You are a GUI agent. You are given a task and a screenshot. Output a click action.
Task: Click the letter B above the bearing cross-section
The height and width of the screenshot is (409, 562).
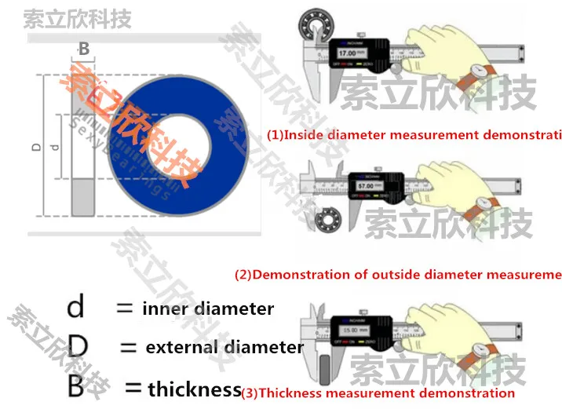[x=84, y=49]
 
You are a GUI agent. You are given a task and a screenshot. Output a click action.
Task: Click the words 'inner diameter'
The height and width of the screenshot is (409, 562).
[x=208, y=309]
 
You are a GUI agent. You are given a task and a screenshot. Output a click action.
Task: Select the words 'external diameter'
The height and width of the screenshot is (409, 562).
[x=224, y=347]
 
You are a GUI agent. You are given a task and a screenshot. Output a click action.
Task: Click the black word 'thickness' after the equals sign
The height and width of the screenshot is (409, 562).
[x=194, y=388]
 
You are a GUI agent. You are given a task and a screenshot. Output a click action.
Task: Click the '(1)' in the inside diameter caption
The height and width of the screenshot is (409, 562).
[x=275, y=135]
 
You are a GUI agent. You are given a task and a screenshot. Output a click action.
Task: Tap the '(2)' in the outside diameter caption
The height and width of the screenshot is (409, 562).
[x=243, y=275]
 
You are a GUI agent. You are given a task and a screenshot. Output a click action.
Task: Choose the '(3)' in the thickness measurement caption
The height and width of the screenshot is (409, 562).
[x=249, y=393]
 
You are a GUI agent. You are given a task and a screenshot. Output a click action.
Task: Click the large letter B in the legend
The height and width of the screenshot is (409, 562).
[x=75, y=386]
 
